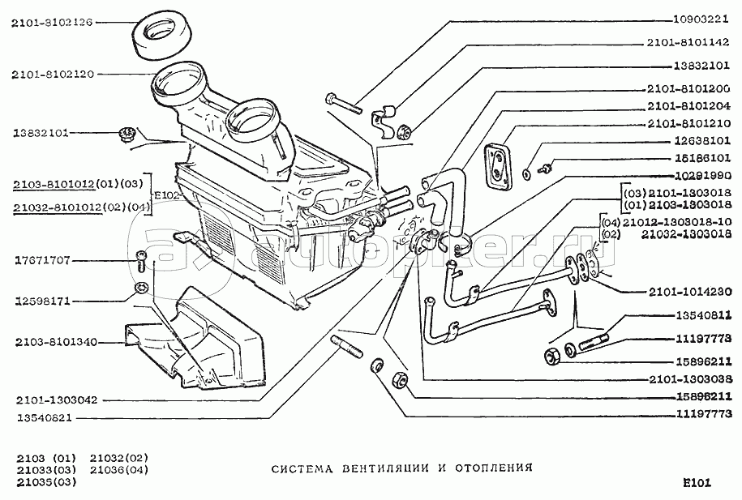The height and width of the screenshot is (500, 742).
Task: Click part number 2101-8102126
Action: click(x=53, y=24)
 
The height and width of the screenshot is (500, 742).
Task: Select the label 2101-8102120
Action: click(x=53, y=74)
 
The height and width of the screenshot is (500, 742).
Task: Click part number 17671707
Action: click(x=42, y=261)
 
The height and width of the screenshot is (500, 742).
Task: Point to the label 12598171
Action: click(x=42, y=301)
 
